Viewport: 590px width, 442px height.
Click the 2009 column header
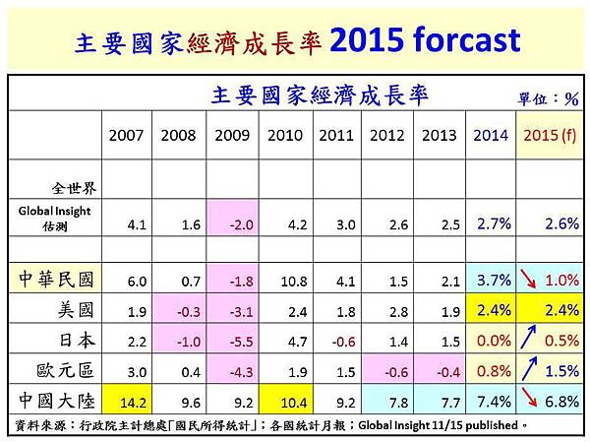tap(231, 135)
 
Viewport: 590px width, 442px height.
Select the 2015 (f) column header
tap(551, 135)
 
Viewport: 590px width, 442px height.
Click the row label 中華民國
tap(57, 280)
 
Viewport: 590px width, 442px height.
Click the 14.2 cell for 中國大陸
tap(128, 401)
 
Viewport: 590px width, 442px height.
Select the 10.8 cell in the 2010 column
tap(283, 281)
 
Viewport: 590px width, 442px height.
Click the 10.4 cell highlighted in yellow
tap(283, 401)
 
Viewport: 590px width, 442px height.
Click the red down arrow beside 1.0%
tap(531, 280)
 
